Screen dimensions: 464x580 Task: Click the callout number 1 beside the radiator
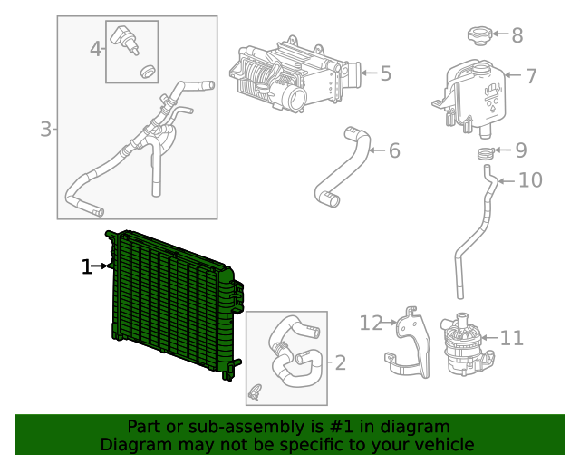point(87,266)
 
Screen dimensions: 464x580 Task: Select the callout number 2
point(340,363)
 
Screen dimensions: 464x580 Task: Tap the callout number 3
point(46,130)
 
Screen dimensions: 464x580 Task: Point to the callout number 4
point(96,49)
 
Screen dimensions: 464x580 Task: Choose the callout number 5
point(385,73)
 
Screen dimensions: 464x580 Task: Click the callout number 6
point(394,150)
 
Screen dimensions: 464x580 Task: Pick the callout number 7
point(531,76)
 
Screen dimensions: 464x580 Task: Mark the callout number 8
point(517,36)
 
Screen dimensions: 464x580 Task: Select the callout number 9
point(520,150)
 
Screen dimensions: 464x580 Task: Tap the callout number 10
point(530,180)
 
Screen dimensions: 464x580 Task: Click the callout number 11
point(512,338)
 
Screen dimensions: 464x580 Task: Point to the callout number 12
point(372,322)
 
